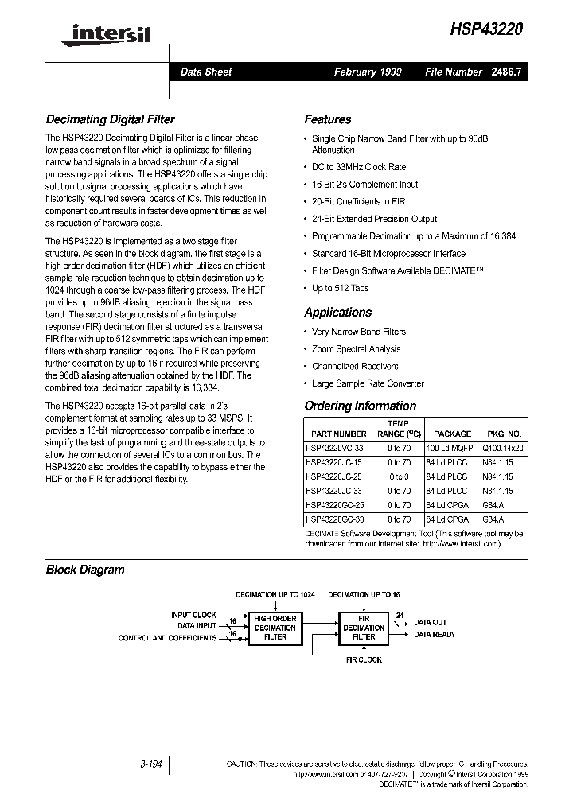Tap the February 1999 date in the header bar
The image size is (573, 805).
pyautogui.click(x=367, y=72)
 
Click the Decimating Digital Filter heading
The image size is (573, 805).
pyautogui.click(x=110, y=119)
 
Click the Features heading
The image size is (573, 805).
pyautogui.click(x=327, y=119)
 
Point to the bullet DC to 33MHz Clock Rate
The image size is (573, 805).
pyautogui.click(x=358, y=167)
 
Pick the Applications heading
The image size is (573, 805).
pyautogui.click(x=337, y=313)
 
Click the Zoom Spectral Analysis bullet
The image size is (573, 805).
pyautogui.click(x=356, y=349)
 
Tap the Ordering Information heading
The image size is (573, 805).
pyautogui.click(x=360, y=406)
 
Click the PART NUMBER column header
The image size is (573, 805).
pyautogui.click(x=339, y=434)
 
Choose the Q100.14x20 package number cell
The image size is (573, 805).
pyautogui.click(x=502, y=448)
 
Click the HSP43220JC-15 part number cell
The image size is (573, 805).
pyautogui.click(x=335, y=462)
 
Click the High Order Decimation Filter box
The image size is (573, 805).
pyautogui.click(x=275, y=628)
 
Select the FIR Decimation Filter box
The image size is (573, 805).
pyautogui.click(x=364, y=628)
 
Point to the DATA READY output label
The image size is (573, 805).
pyautogui.click(x=435, y=634)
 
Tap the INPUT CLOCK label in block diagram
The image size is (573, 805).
pyautogui.click(x=193, y=615)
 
